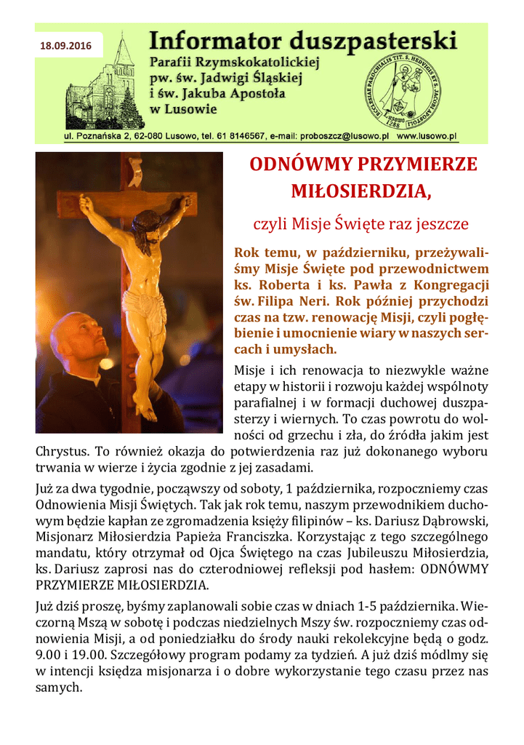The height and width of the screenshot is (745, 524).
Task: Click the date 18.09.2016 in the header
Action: pyautogui.click(x=66, y=46)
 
